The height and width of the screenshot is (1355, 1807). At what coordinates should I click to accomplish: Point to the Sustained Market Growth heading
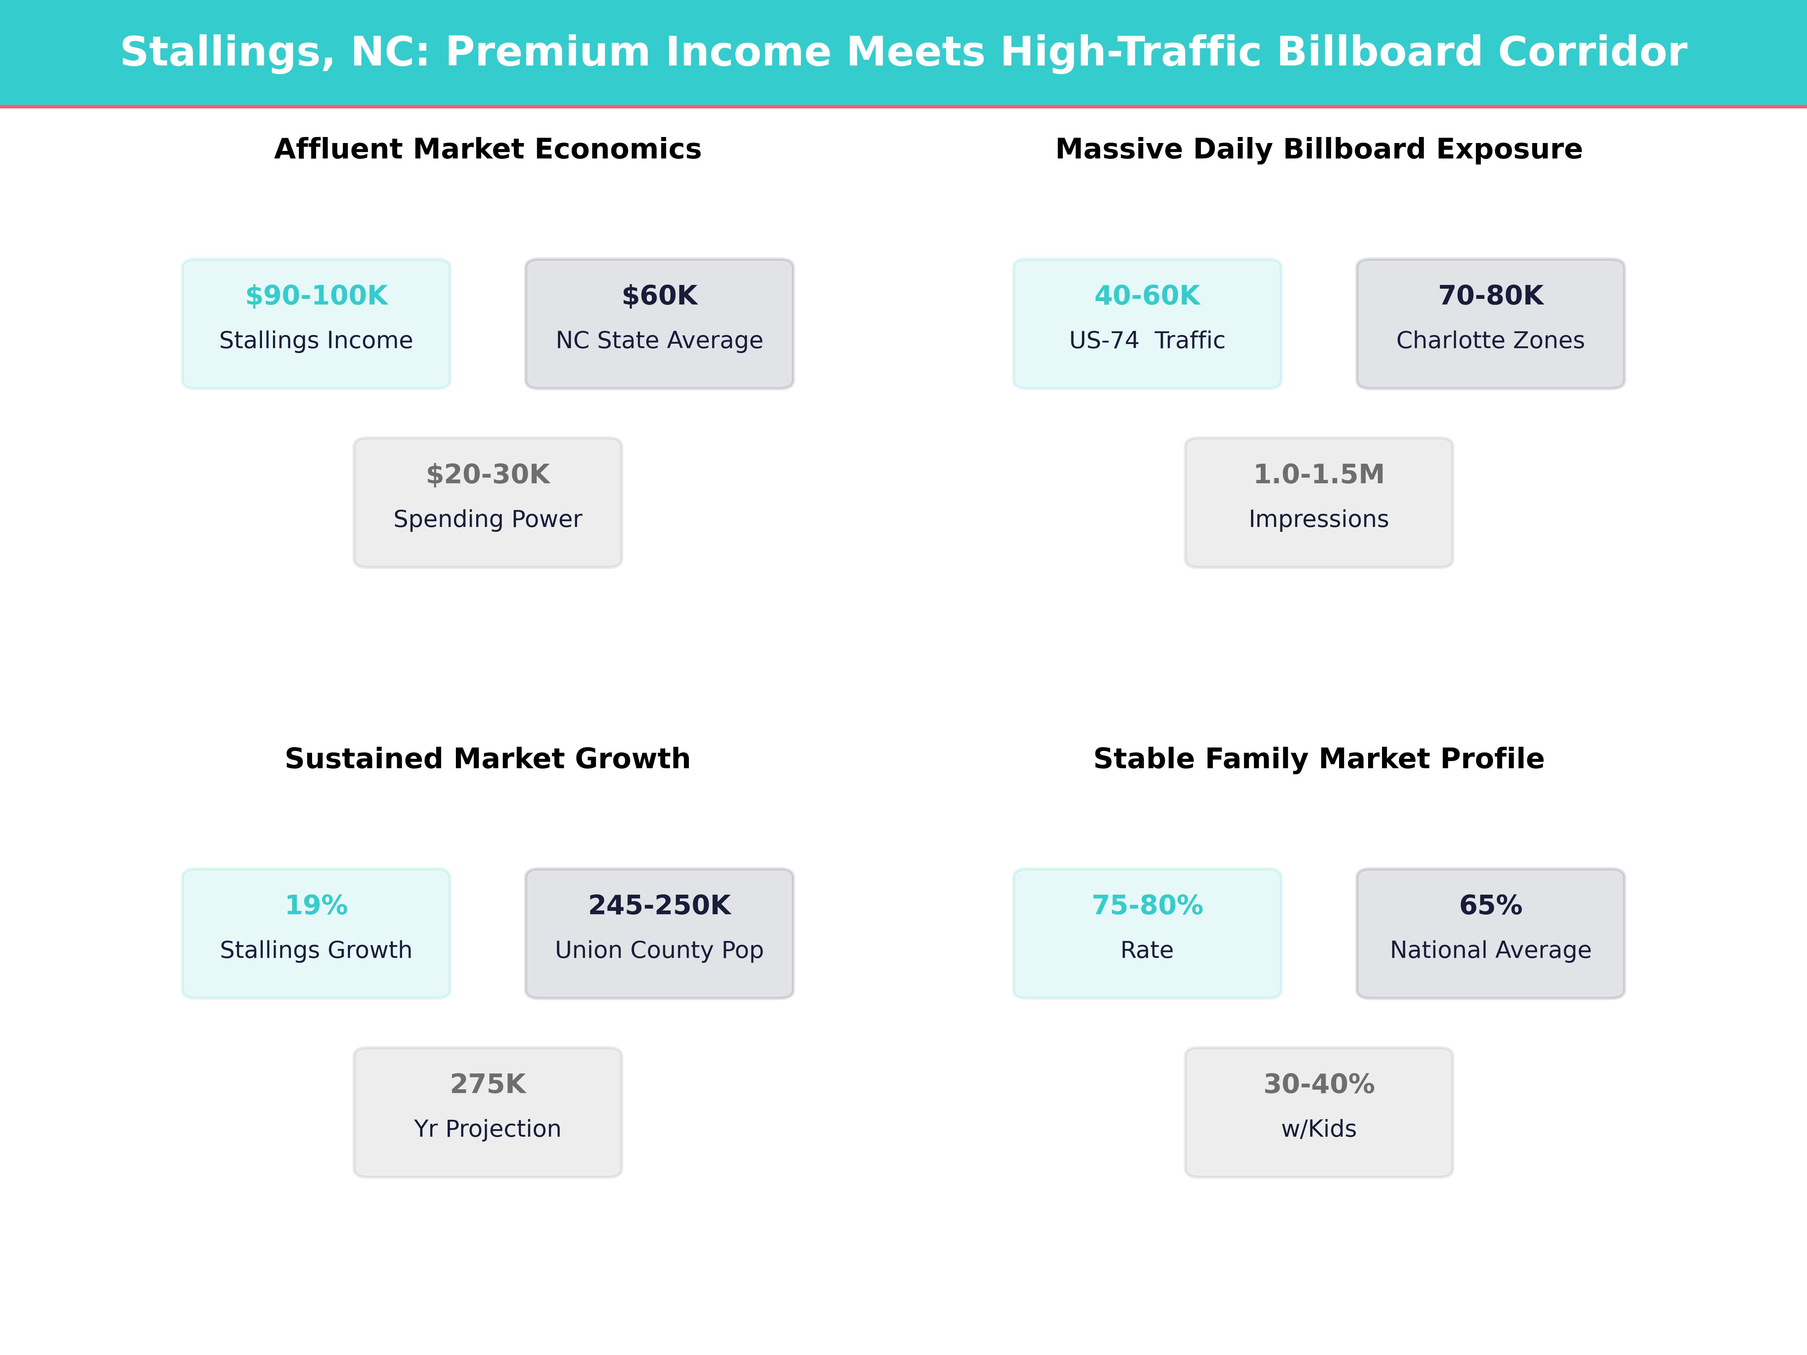pyautogui.click(x=488, y=759)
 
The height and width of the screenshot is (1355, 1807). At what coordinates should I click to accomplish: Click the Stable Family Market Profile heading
pyautogui.click(x=1318, y=759)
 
